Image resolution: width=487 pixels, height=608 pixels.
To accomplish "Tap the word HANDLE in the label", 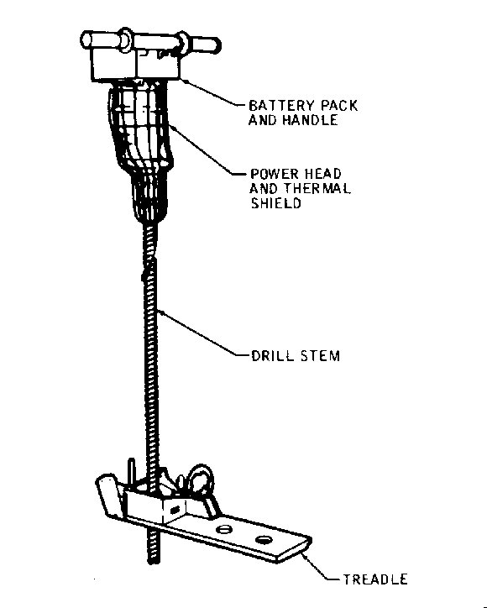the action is click(310, 120).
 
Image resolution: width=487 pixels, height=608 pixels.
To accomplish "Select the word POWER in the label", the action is click(275, 174).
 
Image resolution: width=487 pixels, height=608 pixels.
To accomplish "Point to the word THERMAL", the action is click(317, 188).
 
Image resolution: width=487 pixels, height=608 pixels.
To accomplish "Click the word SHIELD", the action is click(275, 202).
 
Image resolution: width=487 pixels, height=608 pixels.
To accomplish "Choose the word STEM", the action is click(320, 356).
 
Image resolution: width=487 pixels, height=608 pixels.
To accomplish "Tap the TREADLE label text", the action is click(375, 579).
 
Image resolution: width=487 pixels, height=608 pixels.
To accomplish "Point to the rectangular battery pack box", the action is click(136, 64).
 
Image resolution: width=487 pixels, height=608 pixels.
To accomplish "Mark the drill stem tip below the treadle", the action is click(154, 562).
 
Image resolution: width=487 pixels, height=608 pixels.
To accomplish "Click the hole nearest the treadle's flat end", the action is click(264, 540).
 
